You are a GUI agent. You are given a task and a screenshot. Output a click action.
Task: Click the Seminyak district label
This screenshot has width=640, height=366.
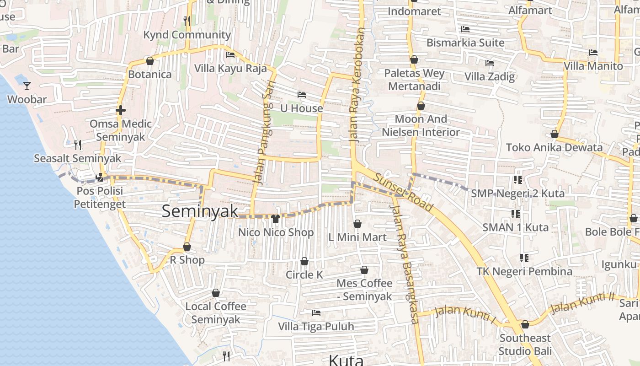point(200,211)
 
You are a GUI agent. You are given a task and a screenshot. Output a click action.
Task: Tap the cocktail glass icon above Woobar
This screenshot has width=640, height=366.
point(27,86)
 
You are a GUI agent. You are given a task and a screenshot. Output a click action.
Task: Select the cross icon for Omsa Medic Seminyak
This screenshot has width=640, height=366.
point(121,110)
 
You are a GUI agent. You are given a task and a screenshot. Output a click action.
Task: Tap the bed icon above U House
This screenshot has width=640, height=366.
point(302,95)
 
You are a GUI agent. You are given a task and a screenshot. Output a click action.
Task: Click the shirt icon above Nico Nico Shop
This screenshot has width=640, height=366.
point(275,219)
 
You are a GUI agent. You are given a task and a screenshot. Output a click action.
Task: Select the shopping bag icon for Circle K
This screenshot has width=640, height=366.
point(304,261)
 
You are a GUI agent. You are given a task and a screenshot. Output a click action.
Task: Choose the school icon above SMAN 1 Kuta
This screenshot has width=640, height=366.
point(516,214)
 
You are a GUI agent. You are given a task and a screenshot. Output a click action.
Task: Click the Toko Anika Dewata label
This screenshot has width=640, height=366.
point(554,147)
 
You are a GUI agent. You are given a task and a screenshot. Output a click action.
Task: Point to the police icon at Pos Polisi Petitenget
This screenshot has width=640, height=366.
point(99,178)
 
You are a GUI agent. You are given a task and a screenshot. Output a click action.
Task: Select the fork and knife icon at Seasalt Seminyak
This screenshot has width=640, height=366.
point(78,145)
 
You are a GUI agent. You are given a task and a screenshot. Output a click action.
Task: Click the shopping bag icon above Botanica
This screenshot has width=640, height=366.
point(149,61)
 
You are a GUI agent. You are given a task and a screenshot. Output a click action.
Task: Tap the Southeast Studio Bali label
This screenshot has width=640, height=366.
point(525,344)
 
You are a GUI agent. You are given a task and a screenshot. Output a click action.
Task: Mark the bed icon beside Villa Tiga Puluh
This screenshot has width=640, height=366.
point(316,313)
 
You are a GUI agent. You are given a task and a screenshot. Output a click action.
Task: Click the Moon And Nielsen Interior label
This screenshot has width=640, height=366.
point(421,125)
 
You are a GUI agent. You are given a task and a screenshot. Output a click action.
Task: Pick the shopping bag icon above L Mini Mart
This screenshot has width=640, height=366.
point(357,224)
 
